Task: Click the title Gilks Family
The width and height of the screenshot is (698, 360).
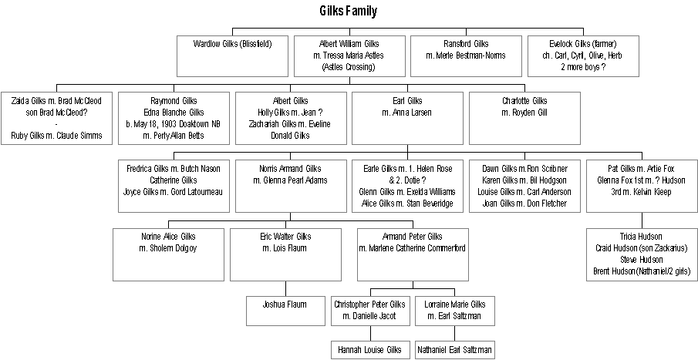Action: click(x=348, y=11)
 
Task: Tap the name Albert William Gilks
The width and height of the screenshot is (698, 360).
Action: click(x=350, y=43)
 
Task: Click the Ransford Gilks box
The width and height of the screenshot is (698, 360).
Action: click(x=466, y=55)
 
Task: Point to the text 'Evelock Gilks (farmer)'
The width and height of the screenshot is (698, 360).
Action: click(x=583, y=43)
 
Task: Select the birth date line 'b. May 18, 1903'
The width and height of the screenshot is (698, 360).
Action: click(x=177, y=125)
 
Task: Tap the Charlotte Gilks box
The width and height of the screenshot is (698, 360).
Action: click(x=524, y=119)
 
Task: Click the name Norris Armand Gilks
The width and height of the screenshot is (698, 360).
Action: click(x=290, y=169)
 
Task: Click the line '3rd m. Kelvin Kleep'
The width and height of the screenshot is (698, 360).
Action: click(x=642, y=192)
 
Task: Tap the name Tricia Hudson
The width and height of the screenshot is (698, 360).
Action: click(x=642, y=236)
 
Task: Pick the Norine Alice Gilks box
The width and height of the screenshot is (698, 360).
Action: click(x=167, y=254)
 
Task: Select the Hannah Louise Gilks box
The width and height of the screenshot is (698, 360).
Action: click(x=370, y=349)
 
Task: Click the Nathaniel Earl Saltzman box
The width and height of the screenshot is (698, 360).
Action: click(x=454, y=349)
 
